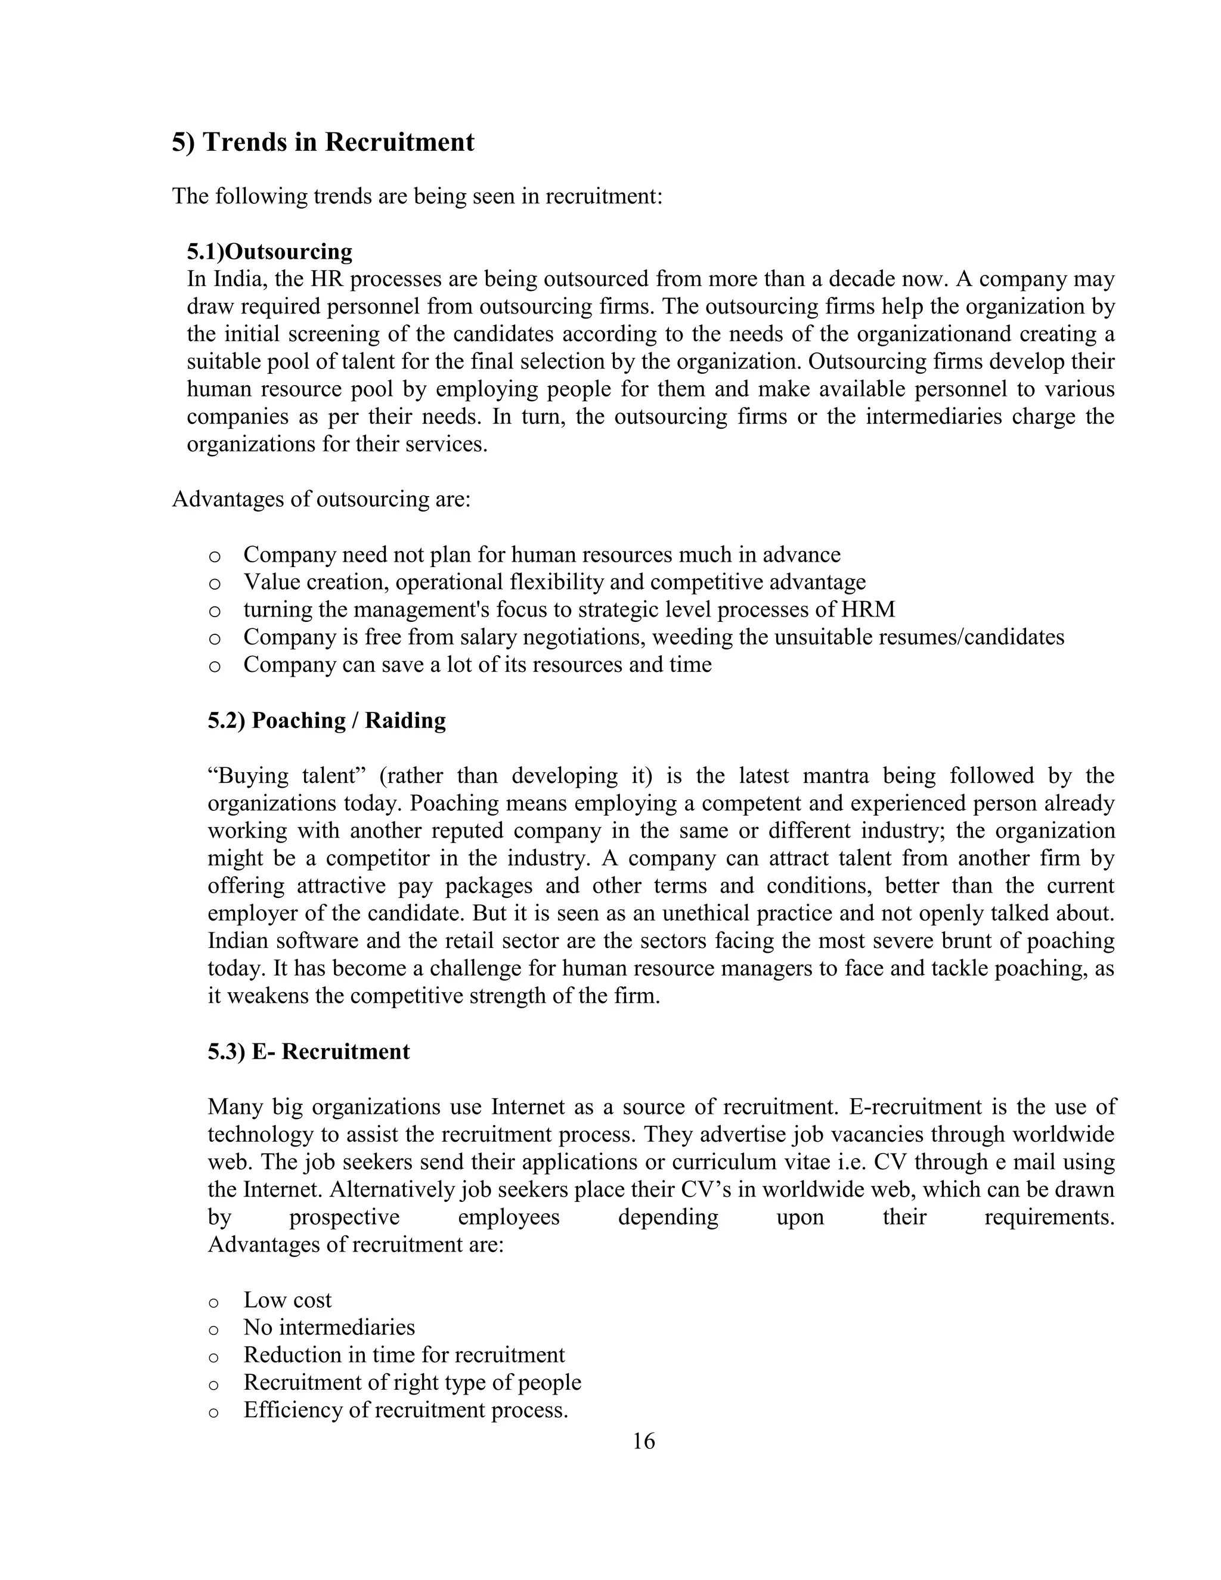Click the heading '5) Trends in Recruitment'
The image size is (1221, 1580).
click(323, 142)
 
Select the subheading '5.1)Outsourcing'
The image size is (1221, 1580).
click(269, 252)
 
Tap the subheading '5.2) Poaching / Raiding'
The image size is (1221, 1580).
click(327, 721)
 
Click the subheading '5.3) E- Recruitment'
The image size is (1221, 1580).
click(309, 1051)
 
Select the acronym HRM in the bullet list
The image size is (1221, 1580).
click(868, 610)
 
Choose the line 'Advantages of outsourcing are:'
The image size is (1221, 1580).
click(321, 500)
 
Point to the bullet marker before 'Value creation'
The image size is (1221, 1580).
click(213, 584)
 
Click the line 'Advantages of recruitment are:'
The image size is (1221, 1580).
click(355, 1245)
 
